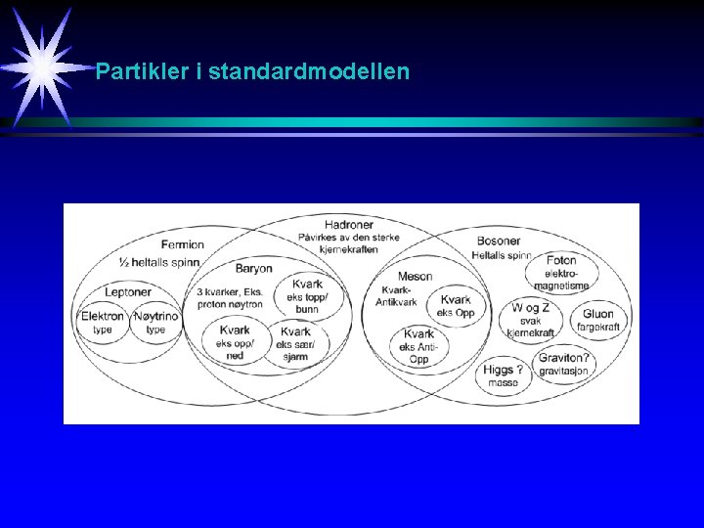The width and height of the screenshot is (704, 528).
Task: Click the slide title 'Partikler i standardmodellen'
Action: click(x=252, y=71)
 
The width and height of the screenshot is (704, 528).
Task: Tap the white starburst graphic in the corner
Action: click(x=42, y=65)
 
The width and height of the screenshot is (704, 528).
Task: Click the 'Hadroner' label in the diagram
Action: click(x=349, y=224)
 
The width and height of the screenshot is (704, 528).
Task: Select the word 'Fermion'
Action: click(x=183, y=244)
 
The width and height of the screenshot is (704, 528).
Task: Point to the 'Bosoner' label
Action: click(x=499, y=241)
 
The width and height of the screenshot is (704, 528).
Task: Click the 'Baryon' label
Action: click(x=254, y=269)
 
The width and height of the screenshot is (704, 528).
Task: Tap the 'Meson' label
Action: click(x=415, y=277)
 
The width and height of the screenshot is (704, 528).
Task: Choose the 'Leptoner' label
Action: click(x=128, y=292)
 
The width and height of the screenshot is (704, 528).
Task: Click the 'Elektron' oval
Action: click(x=103, y=322)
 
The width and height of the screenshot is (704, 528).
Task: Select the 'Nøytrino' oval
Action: click(x=156, y=322)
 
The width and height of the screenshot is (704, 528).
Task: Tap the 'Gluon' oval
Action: click(x=597, y=320)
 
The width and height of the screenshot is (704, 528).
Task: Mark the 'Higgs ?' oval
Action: click(x=505, y=375)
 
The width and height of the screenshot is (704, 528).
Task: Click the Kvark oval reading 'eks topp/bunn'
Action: click(x=307, y=295)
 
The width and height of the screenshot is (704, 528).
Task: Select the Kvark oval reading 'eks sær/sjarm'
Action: click(x=296, y=343)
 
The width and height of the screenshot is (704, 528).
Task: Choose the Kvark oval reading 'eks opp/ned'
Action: click(x=235, y=342)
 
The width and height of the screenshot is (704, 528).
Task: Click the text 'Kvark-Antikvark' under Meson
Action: click(x=396, y=296)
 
